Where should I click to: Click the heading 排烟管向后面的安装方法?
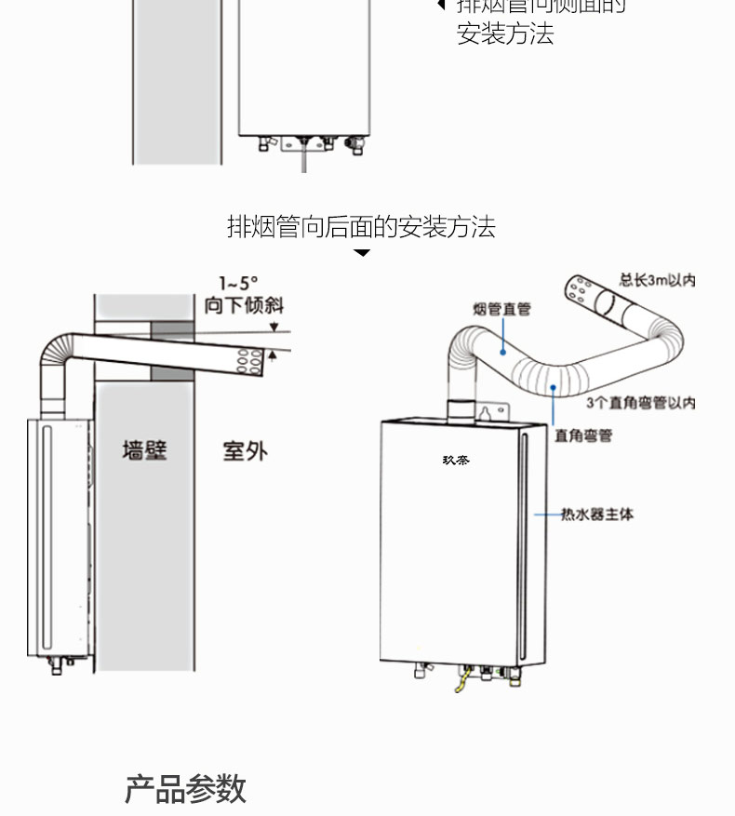point(361,226)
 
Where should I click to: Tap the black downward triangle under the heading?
point(362,253)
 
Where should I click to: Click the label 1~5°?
point(238,284)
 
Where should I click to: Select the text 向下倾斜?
point(245,304)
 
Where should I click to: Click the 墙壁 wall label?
point(144,451)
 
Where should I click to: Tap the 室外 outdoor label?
point(245,451)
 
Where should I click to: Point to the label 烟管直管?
point(501,309)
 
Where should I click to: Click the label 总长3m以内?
point(658,280)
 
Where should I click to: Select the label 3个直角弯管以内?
point(641,403)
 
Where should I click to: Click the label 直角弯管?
point(583,435)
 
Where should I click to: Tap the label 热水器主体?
point(596,514)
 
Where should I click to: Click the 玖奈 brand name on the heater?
point(456,459)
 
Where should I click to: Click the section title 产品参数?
point(185,788)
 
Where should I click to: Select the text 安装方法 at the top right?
point(505,34)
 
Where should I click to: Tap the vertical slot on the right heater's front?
point(524,549)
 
